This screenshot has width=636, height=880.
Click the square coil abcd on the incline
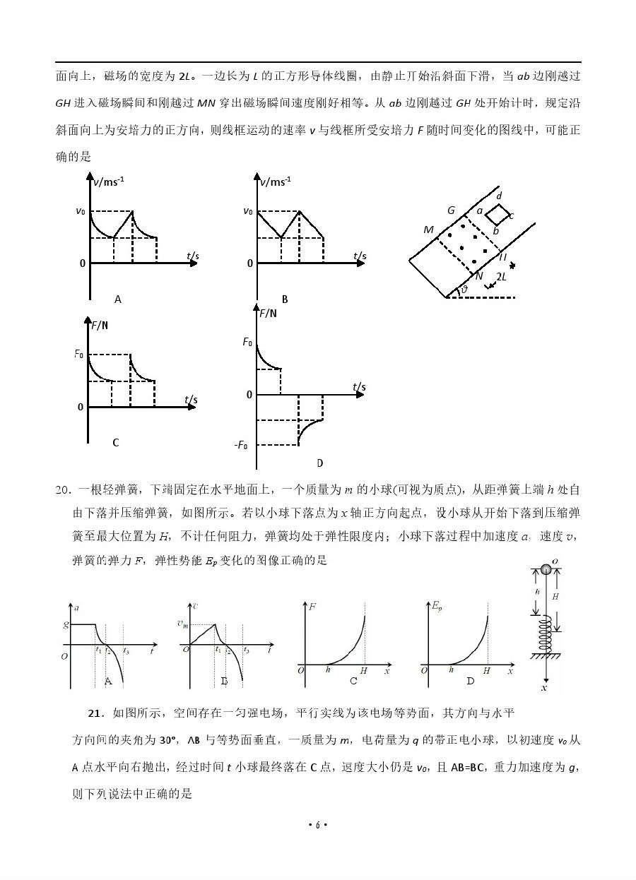click(497, 215)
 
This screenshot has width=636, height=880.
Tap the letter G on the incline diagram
click(451, 210)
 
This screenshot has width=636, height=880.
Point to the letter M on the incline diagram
click(428, 230)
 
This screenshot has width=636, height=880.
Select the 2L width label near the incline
click(501, 277)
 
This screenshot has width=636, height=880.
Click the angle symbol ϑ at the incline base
click(464, 290)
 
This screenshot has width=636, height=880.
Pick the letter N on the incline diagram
click(479, 276)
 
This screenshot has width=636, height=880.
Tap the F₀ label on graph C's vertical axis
click(79, 354)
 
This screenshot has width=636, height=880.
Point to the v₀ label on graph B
click(247, 210)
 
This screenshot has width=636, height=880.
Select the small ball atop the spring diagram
click(546, 569)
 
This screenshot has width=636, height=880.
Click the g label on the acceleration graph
click(65, 624)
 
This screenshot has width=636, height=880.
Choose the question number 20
click(62, 489)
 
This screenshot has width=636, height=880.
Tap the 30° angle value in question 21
click(168, 740)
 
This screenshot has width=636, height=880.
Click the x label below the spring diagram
click(544, 686)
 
